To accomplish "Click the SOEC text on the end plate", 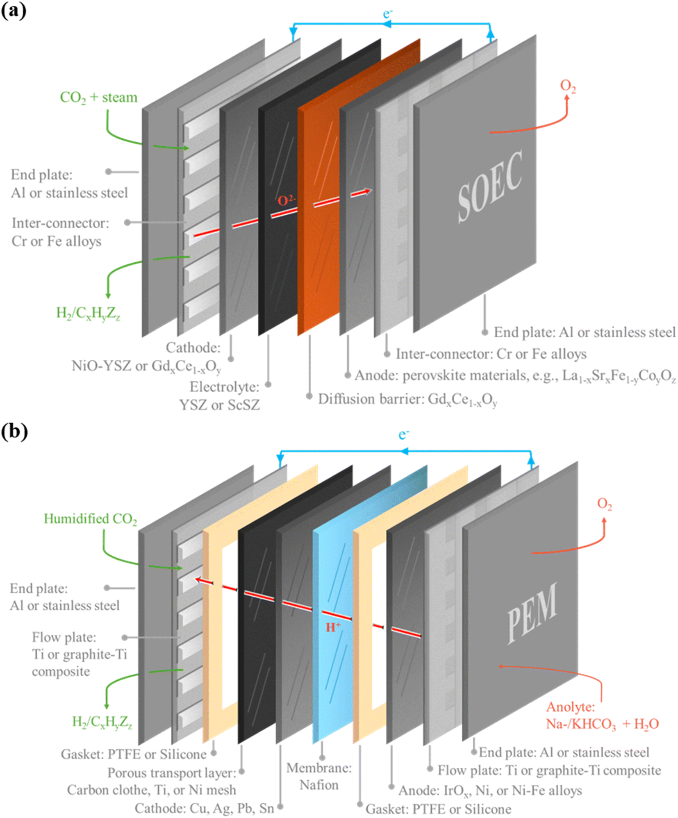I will (490, 186).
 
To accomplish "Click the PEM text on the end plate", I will (532, 613).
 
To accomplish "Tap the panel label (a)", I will (14, 10).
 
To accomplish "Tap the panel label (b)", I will (14, 431).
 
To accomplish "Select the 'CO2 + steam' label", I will (98, 98).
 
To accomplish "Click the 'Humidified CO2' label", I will (90, 518).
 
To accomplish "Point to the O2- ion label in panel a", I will (286, 200).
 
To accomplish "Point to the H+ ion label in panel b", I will (333, 627).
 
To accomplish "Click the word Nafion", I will (319, 785).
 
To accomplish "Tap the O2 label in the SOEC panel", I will (568, 86).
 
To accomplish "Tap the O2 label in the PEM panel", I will (604, 504).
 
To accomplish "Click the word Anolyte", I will (570, 707).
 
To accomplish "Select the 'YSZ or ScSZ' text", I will (219, 405).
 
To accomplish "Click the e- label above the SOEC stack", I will (387, 14).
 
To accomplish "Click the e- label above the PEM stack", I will (404, 434).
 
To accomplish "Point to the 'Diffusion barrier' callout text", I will (371, 399).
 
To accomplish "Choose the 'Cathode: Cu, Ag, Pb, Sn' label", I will (204, 808).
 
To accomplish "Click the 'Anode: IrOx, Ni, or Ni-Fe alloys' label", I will (490, 790).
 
